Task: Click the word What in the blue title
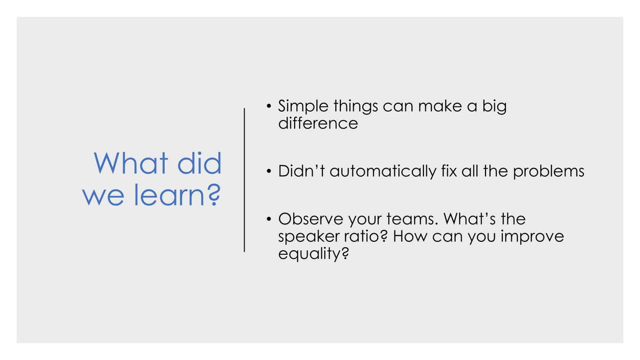coord(131,163)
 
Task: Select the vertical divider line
coord(244,180)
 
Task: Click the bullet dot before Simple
coord(268,106)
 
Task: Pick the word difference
coord(318,123)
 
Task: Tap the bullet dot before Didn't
coord(268,171)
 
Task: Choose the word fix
coord(449,171)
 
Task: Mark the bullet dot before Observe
coord(268,219)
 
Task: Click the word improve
coord(532,237)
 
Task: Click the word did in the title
coord(200,163)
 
